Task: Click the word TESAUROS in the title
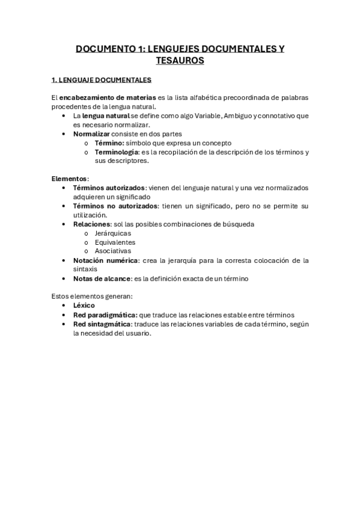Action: [x=180, y=60]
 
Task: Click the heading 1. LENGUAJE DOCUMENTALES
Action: [x=102, y=79]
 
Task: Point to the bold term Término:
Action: [x=109, y=143]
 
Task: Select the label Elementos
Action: [x=70, y=179]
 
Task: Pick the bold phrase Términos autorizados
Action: [x=109, y=188]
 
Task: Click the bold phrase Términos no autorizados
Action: [x=116, y=206]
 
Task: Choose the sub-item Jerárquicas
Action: [x=113, y=233]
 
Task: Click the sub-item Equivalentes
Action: [x=115, y=242]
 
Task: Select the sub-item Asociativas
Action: [x=113, y=251]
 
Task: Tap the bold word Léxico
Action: [x=84, y=306]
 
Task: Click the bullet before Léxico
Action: [x=64, y=306]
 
